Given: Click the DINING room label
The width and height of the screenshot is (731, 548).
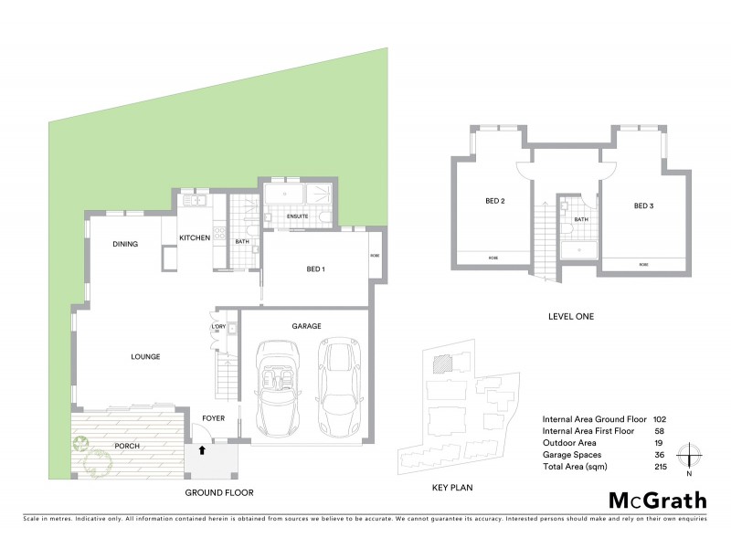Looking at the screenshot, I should click(x=125, y=244).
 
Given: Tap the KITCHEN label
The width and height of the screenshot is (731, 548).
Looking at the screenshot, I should click(x=194, y=237).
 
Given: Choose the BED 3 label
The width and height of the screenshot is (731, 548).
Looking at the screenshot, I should click(x=643, y=205).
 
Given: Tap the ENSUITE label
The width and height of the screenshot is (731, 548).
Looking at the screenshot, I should click(x=298, y=216).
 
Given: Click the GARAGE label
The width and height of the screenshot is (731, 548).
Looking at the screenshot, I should click(x=306, y=326).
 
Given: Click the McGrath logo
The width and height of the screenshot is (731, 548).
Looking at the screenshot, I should click(x=657, y=500).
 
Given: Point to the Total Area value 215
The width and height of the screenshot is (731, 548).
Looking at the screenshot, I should click(x=660, y=467).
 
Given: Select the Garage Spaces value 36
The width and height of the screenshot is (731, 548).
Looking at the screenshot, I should click(x=660, y=454).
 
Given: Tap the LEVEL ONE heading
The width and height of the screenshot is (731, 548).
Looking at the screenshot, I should click(x=570, y=317).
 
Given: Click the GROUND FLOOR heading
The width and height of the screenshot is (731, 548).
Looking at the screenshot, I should click(x=218, y=492).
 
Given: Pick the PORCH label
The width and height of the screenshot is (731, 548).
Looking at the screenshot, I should click(x=127, y=447).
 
